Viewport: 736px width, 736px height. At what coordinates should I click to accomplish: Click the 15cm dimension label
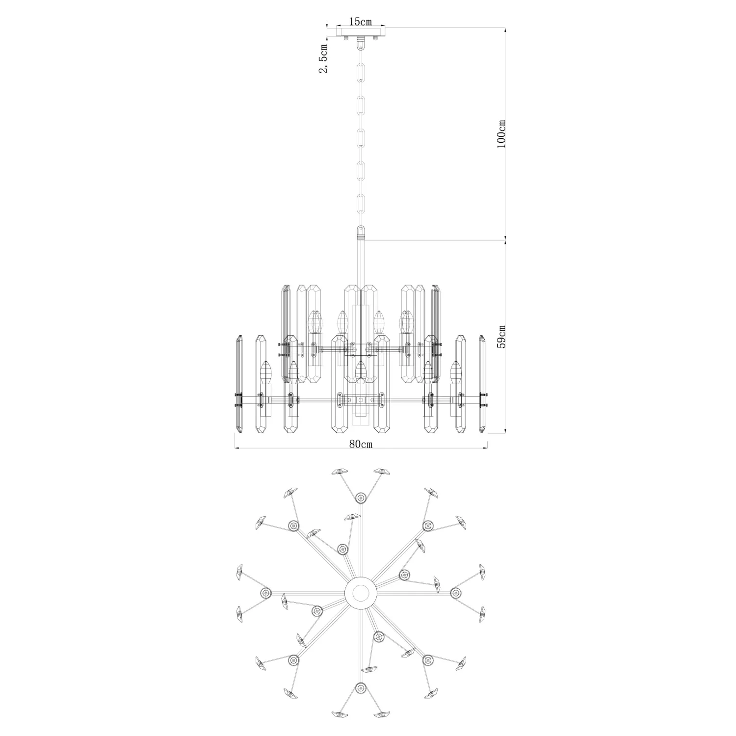point(360,22)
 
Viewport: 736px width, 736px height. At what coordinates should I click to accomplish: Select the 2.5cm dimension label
point(323,58)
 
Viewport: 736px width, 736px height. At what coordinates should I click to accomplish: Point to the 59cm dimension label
point(501,337)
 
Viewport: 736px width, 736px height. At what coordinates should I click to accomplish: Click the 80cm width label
point(361,444)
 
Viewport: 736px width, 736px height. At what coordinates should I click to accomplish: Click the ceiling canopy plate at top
point(361,31)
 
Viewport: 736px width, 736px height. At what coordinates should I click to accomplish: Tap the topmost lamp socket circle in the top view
point(361,498)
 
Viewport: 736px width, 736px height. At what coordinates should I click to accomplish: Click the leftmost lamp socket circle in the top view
point(266,592)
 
